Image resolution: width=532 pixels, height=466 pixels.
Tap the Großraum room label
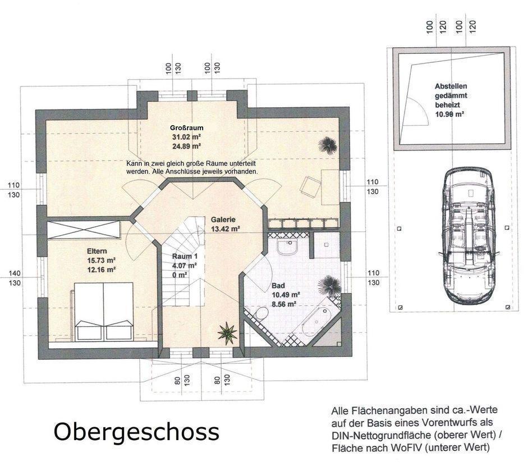(x=187, y=128)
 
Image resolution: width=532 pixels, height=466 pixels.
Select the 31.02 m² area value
(x=187, y=137)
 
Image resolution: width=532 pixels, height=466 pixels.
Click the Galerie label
(x=223, y=220)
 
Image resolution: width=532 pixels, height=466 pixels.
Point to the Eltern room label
(x=97, y=251)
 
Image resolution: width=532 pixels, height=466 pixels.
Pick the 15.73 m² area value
(x=102, y=261)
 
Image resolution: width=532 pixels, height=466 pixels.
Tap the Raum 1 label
(x=185, y=256)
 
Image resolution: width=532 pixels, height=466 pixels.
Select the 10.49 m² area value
(x=286, y=295)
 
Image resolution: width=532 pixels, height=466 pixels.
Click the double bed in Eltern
(x=104, y=311)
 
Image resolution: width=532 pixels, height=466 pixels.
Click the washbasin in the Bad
(x=287, y=246)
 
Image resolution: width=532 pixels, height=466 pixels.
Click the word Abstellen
(x=451, y=86)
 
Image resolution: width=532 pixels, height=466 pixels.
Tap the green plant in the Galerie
(x=227, y=333)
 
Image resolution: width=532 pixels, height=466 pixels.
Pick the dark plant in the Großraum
(x=327, y=145)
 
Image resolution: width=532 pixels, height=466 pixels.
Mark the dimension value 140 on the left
(x=14, y=273)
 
